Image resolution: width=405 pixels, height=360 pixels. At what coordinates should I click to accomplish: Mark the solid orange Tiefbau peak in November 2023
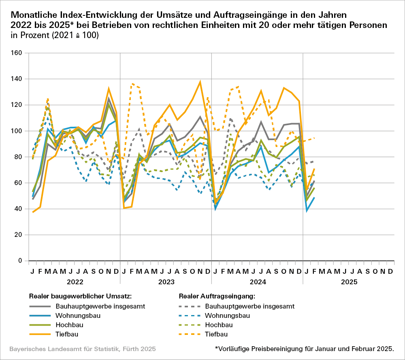[200, 82]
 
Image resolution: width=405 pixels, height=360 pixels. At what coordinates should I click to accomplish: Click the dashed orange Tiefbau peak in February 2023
[132, 83]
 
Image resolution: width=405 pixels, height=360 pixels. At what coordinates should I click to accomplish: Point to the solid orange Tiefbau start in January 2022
[33, 212]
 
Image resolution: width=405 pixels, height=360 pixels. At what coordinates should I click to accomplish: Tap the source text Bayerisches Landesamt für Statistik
[82, 349]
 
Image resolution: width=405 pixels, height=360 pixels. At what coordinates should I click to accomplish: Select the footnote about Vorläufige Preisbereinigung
[304, 349]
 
